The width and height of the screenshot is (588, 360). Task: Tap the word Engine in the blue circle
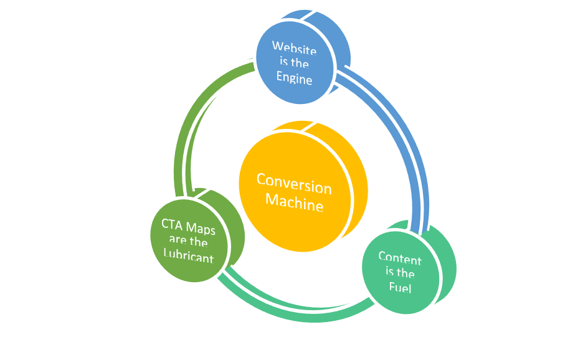295,79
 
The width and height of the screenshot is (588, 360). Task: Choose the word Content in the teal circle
399,258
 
